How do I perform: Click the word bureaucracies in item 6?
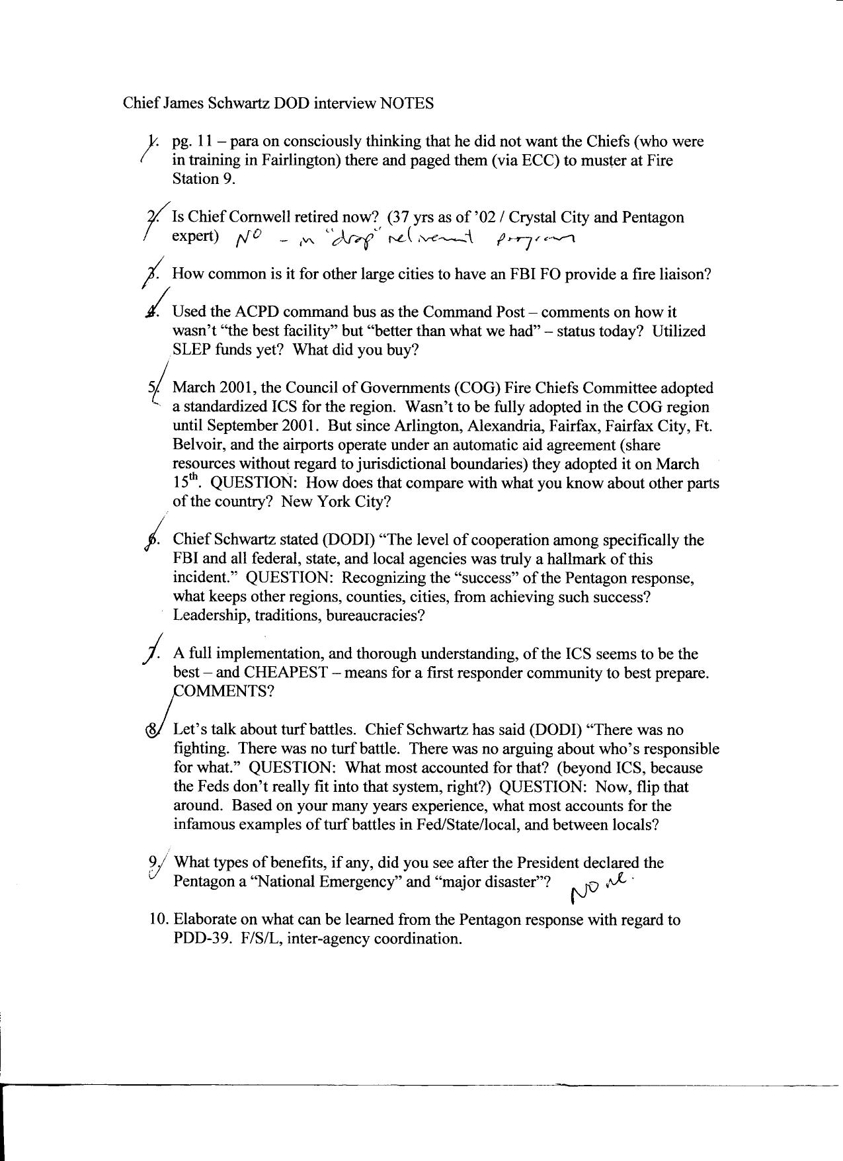[x=378, y=615]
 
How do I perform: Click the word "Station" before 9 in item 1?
[x=192, y=179]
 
